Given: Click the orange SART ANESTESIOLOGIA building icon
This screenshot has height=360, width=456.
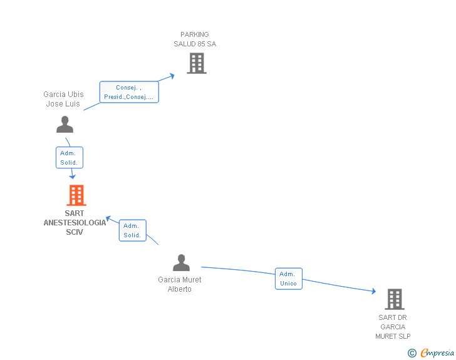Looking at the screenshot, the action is click(x=76, y=195).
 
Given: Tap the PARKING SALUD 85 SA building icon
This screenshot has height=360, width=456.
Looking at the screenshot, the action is click(x=197, y=63).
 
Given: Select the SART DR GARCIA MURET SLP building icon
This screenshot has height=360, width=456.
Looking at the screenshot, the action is click(x=395, y=299).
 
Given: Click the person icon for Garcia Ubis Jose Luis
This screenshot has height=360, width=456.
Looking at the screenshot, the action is click(x=65, y=124).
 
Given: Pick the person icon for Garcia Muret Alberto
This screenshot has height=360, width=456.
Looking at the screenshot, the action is click(x=181, y=262).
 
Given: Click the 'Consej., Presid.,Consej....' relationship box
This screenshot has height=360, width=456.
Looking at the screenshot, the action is click(x=129, y=92).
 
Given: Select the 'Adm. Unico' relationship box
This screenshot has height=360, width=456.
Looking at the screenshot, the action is click(x=289, y=279).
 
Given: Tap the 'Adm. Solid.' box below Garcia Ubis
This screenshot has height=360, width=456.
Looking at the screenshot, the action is click(x=69, y=158).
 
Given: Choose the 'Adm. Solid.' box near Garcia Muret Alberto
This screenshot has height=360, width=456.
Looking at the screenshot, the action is click(x=133, y=230).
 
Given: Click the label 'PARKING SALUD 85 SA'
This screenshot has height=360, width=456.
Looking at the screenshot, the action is click(x=195, y=39).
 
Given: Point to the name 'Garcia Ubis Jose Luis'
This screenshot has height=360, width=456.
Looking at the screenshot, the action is click(x=63, y=99).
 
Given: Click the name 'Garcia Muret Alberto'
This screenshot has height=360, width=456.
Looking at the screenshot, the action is click(x=179, y=284).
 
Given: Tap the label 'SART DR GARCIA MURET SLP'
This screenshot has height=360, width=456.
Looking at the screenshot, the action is click(x=393, y=327).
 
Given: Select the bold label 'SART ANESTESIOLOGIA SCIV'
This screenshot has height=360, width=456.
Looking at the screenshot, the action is click(x=75, y=222).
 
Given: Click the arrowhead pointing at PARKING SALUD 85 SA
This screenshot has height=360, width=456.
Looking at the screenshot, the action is click(x=172, y=76).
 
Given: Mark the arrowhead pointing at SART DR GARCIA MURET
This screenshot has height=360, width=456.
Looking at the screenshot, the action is click(x=374, y=291).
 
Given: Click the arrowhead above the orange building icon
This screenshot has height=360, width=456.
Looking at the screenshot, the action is click(x=73, y=176).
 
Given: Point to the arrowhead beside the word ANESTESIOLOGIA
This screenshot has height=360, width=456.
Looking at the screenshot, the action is click(x=108, y=219).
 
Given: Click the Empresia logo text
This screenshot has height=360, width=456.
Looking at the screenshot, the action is click(x=437, y=352).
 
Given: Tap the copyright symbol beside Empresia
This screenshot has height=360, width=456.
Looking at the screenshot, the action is click(x=412, y=353).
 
